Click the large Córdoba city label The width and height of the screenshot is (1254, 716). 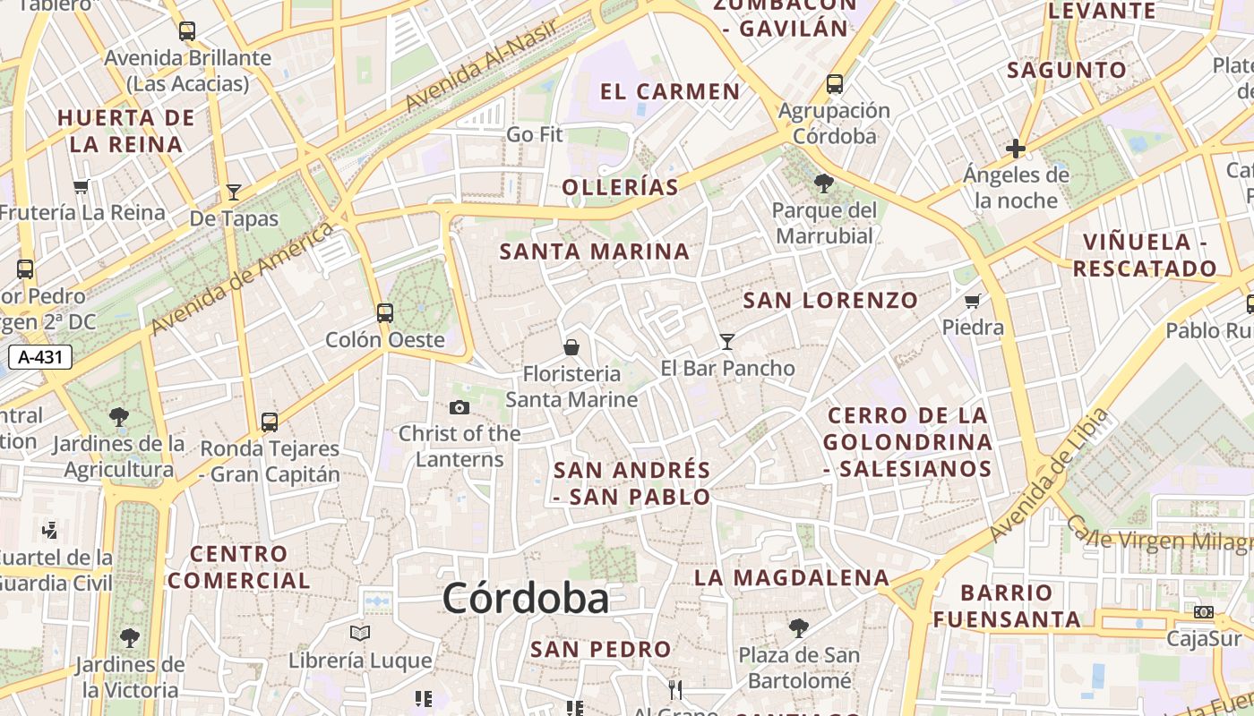[x=525, y=598]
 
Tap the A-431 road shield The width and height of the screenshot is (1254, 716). [x=40, y=357]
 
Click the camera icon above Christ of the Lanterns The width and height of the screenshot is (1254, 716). [x=459, y=408]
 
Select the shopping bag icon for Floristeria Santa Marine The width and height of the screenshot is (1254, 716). [x=571, y=346]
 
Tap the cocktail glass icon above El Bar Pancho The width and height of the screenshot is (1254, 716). [x=726, y=341]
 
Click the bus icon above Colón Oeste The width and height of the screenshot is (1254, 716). [x=385, y=312]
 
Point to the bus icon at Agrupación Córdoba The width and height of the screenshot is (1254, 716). [x=835, y=84]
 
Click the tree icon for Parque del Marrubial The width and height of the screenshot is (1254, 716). [x=823, y=183]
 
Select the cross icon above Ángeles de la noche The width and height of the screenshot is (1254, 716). [x=1015, y=148]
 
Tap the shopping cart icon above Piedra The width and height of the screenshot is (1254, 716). [x=973, y=301]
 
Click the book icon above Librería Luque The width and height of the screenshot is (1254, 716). [x=360, y=634]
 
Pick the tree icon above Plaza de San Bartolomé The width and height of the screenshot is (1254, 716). [x=798, y=627]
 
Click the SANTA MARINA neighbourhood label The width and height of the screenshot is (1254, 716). [x=595, y=251]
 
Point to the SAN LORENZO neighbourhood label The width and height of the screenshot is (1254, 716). [x=830, y=300]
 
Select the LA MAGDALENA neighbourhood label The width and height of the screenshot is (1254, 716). [x=792, y=577]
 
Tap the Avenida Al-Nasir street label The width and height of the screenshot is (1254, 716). [x=481, y=64]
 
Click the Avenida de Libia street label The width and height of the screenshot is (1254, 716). [x=1049, y=476]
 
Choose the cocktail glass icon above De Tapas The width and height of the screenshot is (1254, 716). [x=234, y=192]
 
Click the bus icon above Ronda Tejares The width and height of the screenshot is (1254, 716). [x=270, y=422]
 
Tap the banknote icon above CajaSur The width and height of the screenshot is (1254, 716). [x=1204, y=612]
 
